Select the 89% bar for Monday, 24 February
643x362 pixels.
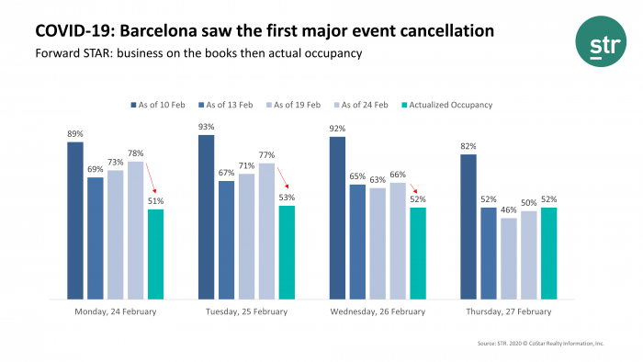pyautogui.click(x=75, y=221)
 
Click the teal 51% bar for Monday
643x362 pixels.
pyautogui.click(x=156, y=254)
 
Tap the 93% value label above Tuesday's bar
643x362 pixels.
pyautogui.click(x=206, y=126)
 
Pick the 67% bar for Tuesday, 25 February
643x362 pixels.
pyautogui.click(x=226, y=240)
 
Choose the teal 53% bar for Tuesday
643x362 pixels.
pyautogui.click(x=287, y=252)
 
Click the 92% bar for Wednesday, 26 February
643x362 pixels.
pyautogui.click(x=337, y=218)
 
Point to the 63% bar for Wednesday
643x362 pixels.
pyautogui.click(x=378, y=243)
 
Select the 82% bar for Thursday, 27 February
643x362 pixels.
pyautogui.click(x=468, y=226)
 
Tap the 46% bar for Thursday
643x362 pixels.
pyautogui.click(x=509, y=258)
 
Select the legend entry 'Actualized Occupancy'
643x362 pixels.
pyautogui.click(x=449, y=105)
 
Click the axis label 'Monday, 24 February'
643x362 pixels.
pyautogui.click(x=115, y=311)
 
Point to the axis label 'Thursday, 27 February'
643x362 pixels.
pyautogui.click(x=508, y=311)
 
